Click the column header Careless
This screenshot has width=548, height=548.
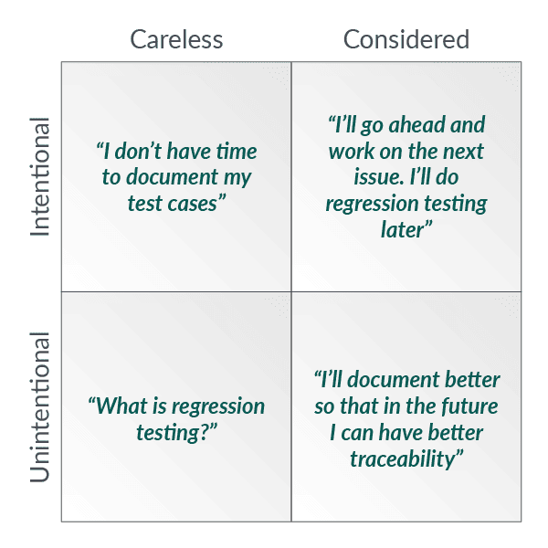coord(176,39)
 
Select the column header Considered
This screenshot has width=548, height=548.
coord(406,39)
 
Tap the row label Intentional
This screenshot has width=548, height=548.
coord(40,177)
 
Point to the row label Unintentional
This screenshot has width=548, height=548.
coord(40,407)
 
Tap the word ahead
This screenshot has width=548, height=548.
coord(417,124)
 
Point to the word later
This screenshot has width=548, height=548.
coord(403,230)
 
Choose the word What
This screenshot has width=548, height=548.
coord(120,406)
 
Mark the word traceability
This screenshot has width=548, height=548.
coord(403,458)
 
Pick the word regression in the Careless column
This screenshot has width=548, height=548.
coord(218,407)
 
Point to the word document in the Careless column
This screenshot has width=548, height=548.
coord(172,177)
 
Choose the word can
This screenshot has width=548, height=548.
coord(358,433)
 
